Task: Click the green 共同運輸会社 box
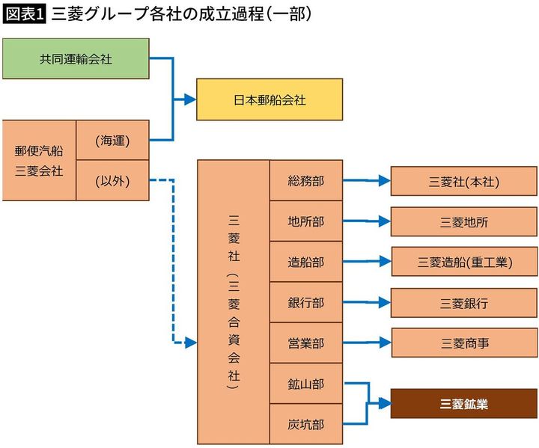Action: coord(76,58)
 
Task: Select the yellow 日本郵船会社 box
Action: coord(269,99)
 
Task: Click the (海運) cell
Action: coord(113,141)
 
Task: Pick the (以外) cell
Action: coord(113,180)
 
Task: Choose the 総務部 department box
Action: coord(305,180)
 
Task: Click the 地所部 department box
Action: coord(305,221)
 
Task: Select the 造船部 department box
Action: coord(305,262)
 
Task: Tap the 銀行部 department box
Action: coord(305,303)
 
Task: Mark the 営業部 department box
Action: coord(305,343)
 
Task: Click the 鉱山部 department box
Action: coord(305,384)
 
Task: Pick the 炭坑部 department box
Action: coord(305,424)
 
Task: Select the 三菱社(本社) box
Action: coord(464,181)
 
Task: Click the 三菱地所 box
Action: coord(464,221)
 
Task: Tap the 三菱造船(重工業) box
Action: coord(464,262)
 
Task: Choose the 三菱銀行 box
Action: coord(464,303)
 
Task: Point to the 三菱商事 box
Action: coord(464,343)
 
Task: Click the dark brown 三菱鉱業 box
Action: coord(464,404)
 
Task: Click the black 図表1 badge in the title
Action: coord(25,14)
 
